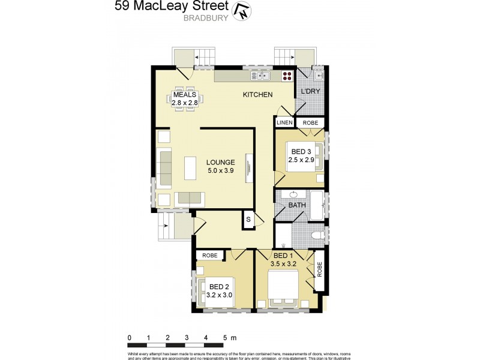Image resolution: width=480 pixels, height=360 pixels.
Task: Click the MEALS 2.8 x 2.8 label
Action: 185,99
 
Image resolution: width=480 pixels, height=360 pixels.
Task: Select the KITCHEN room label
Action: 257,95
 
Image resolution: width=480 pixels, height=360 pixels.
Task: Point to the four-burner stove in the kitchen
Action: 287,76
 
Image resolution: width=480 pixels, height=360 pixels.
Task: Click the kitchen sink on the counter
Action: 262,76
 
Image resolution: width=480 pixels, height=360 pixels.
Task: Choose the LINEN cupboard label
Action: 284,123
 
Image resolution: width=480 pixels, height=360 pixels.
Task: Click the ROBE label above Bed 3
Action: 310,123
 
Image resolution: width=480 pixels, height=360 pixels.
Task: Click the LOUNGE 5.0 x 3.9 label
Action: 220,166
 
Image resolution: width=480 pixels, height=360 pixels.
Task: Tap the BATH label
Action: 297,205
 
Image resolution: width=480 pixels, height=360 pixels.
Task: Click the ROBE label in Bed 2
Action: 209,256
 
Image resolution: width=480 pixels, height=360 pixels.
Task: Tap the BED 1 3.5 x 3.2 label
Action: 284,259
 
